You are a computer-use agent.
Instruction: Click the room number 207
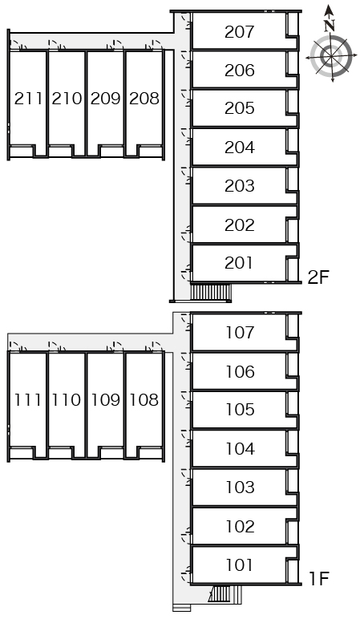coord(239,32)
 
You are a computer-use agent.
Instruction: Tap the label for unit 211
coord(28,99)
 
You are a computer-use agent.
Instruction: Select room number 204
coord(239,148)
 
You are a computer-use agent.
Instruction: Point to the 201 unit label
coord(238,263)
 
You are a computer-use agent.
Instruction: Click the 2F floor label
coord(318,277)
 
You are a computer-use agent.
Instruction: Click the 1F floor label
coord(319,579)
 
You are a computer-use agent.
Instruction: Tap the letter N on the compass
coord(330,26)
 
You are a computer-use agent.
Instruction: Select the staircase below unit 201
coord(211,293)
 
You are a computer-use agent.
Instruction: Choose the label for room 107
coord(240,333)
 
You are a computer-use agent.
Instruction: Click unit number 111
coord(28,400)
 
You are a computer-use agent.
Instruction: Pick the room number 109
coord(105,400)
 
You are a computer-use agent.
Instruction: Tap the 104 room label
coord(240,449)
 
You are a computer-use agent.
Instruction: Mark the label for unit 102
coord(240,526)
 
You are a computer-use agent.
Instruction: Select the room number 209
coord(105,99)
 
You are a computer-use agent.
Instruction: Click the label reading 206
coord(239,71)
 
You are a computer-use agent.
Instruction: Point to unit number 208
coord(144,99)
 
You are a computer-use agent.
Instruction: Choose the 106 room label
coord(240,371)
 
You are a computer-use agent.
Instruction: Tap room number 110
coord(67,400)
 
